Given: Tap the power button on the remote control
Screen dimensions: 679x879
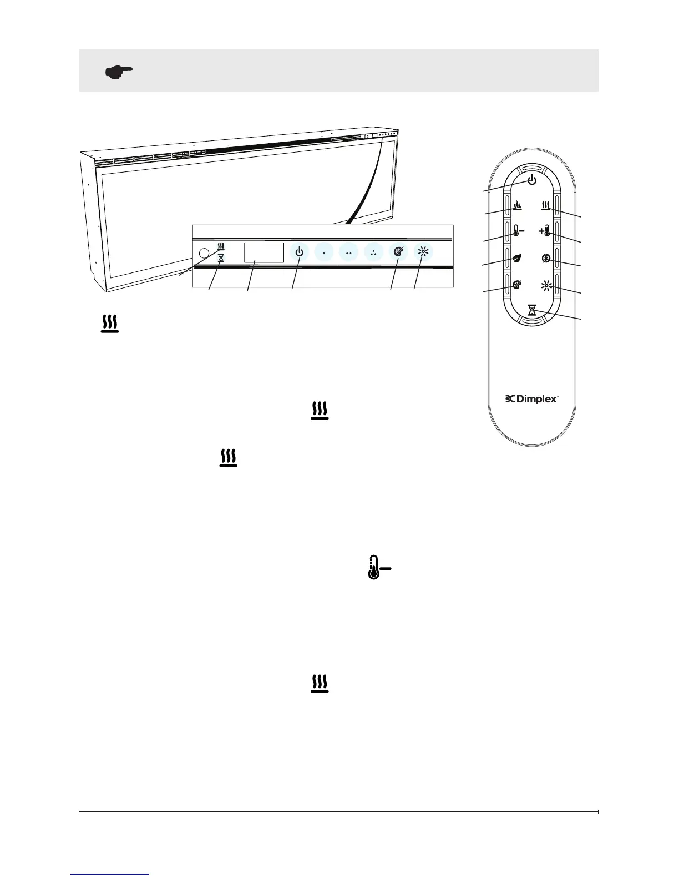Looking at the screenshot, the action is click(531, 180).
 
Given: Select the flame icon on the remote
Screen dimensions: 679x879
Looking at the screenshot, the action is click(517, 206).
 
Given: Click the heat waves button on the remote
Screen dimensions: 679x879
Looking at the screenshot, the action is click(546, 206).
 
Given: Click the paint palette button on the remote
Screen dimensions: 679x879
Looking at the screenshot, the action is click(517, 286).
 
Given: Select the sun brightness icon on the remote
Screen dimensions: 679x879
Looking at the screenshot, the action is click(546, 286).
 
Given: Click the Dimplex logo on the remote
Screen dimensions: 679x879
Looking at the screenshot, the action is click(531, 399).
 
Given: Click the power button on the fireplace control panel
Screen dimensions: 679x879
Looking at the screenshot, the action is click(300, 252).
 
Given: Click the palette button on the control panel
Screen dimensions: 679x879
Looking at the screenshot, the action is click(398, 252).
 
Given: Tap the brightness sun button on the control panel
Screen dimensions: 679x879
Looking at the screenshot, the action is click(423, 252).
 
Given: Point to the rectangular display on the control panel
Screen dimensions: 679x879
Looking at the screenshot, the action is click(264, 252).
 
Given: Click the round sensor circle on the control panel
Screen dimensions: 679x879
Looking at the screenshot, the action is click(204, 252).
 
